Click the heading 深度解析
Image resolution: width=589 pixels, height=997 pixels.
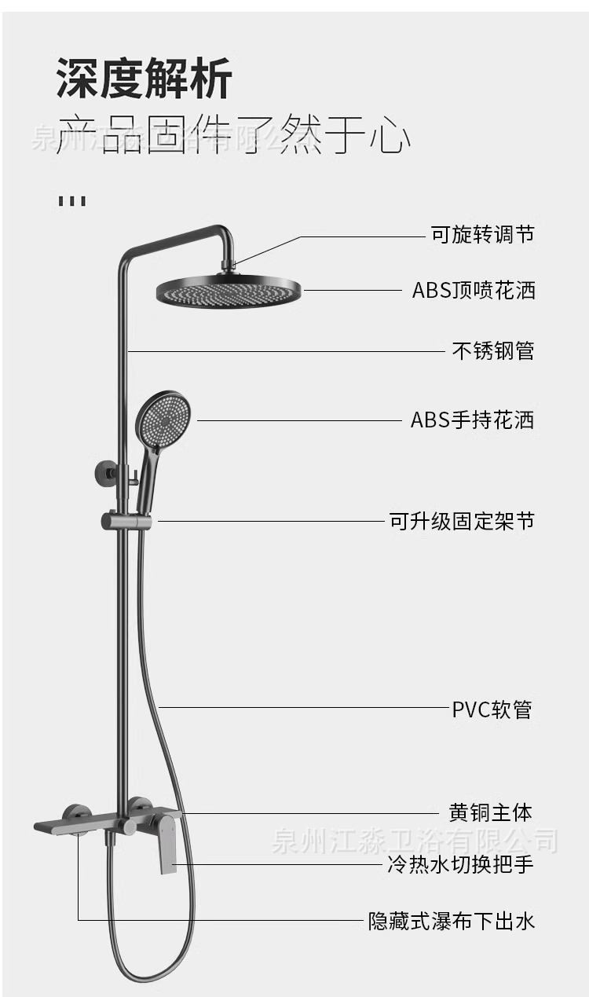(145, 79)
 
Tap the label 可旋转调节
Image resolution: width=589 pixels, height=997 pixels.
(482, 234)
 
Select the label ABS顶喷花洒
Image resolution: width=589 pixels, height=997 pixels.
(474, 290)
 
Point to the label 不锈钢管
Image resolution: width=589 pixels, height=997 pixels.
(493, 350)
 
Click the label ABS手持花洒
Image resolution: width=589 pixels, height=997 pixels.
(472, 420)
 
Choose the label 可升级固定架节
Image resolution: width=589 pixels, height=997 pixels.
(462, 521)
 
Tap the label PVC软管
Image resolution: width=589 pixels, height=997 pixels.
(492, 709)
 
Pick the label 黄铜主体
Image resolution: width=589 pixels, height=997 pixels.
(490, 812)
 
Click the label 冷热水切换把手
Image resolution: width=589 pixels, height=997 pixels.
(460, 865)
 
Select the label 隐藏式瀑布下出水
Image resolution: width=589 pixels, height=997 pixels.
(452, 920)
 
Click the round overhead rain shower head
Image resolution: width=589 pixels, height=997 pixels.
(228, 290)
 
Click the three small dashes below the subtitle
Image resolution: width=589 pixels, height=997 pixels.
(71, 200)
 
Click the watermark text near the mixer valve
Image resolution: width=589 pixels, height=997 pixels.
(414, 841)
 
